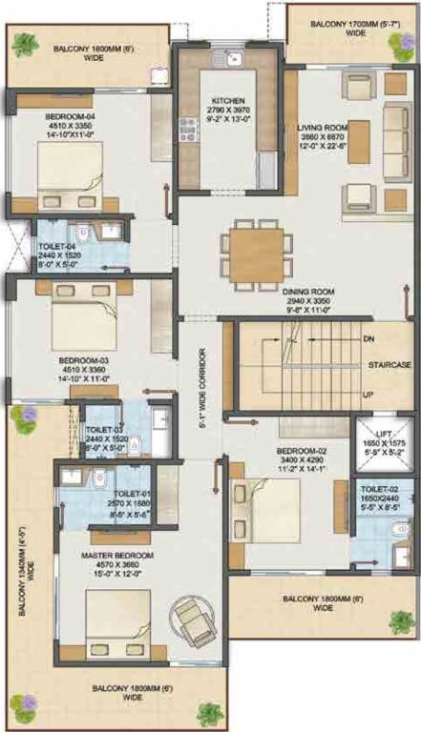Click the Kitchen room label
[227, 99]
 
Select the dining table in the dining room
[256, 251]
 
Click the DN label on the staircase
[368, 338]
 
